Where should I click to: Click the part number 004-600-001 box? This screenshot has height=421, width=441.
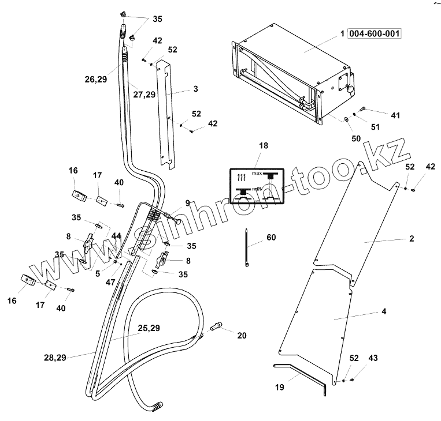click(x=374, y=33)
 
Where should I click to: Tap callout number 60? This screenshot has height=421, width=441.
click(x=272, y=237)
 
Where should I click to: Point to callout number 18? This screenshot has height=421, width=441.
click(x=263, y=146)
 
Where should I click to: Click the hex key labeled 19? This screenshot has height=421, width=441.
click(x=301, y=377)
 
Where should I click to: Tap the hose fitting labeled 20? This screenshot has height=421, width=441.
click(x=218, y=327)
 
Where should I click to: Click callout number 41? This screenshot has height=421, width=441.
click(x=395, y=115)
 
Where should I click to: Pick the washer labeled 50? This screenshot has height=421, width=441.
click(x=345, y=120)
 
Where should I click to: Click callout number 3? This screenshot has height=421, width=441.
click(x=196, y=89)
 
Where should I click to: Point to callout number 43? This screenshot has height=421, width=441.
click(x=373, y=358)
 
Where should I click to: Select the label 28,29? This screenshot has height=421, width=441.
click(x=54, y=358)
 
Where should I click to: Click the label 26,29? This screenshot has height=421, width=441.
click(x=95, y=79)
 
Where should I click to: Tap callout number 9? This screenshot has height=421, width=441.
click(x=187, y=202)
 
